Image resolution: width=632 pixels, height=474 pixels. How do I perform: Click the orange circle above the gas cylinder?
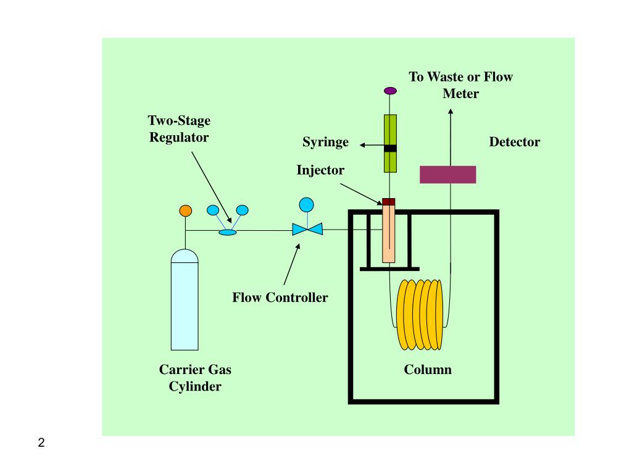[x=185, y=210]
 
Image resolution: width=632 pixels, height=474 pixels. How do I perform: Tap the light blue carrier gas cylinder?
[x=185, y=302]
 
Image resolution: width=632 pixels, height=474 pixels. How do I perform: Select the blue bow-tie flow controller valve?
[x=307, y=230]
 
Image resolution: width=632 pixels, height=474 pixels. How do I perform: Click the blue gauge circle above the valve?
[x=306, y=204]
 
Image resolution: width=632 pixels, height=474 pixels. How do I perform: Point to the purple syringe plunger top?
[x=390, y=91]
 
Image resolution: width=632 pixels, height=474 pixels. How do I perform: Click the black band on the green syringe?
[x=390, y=148]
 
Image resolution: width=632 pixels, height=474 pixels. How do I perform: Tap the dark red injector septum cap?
[x=388, y=201]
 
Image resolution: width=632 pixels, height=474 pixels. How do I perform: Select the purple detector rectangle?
[x=447, y=174]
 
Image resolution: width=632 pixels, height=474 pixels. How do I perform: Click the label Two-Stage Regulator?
[x=179, y=128]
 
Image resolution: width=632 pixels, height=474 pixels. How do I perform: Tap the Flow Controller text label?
[x=280, y=297]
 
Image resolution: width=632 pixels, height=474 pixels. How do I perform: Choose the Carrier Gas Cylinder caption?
[x=195, y=378]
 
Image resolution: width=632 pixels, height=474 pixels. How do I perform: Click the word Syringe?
[x=325, y=143]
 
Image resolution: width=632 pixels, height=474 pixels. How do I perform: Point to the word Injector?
[x=320, y=170]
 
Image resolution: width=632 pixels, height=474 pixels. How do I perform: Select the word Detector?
[x=514, y=143]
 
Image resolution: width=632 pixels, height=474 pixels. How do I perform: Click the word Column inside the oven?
[x=428, y=370]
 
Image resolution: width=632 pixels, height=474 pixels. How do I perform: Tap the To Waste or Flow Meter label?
[x=460, y=85]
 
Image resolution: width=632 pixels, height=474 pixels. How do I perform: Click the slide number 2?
[x=41, y=443]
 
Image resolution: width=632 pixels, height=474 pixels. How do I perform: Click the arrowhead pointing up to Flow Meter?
[x=451, y=112]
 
